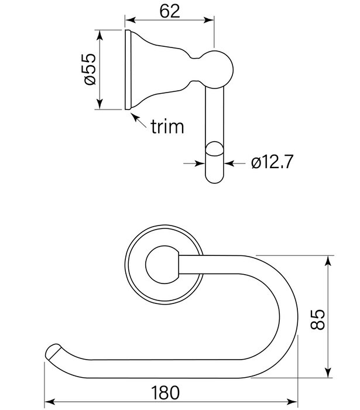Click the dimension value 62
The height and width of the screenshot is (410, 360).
click(x=169, y=10)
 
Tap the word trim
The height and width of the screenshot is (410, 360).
click(x=167, y=127)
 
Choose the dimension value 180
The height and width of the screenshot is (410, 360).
click(x=169, y=392)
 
